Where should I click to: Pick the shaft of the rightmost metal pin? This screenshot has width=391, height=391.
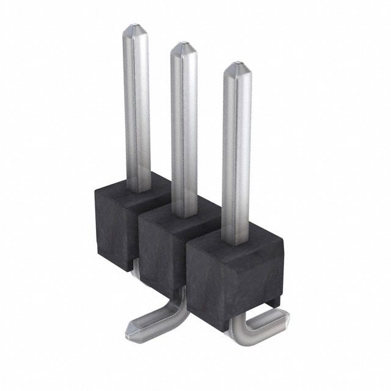236,153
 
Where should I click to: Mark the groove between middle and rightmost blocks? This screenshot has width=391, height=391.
187,269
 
